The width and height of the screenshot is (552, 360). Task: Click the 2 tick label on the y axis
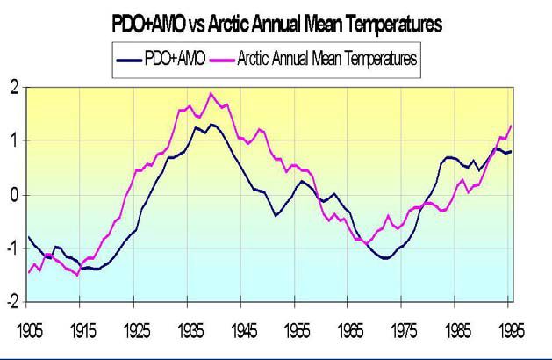click(x=13, y=87)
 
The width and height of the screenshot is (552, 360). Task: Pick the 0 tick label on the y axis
click(x=13, y=195)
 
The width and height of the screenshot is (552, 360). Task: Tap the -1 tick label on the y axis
click(x=11, y=248)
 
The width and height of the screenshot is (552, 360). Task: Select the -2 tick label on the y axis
click(x=11, y=302)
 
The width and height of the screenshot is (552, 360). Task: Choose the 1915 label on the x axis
click(x=83, y=331)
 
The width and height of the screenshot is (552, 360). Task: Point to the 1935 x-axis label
click(x=190, y=331)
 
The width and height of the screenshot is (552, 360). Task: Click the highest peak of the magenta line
click(x=211, y=93)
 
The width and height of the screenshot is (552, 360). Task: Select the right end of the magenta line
click(x=511, y=126)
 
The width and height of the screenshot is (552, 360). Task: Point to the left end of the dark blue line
click(x=29, y=237)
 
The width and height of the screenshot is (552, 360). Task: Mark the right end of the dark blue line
click(x=511, y=151)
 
